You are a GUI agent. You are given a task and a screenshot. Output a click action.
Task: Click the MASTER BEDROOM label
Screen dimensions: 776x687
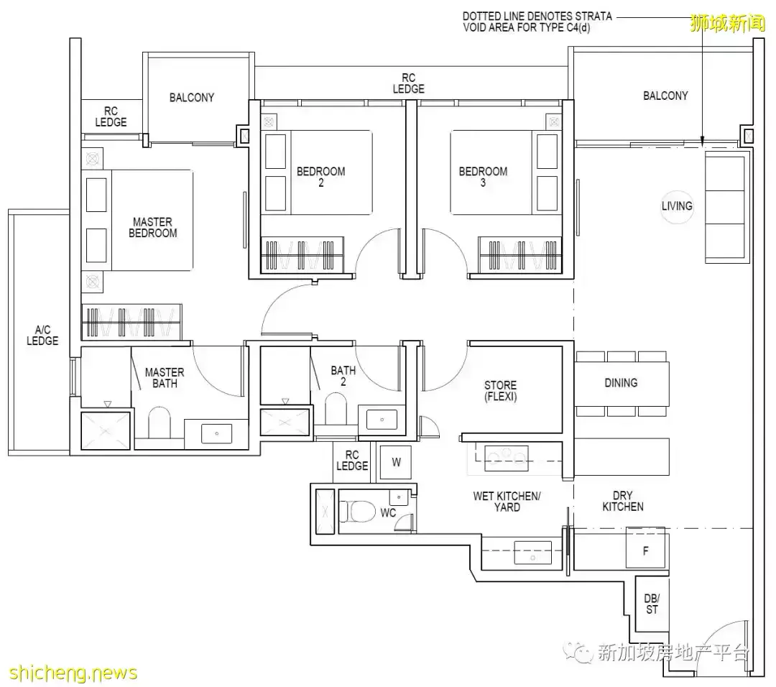[152, 228]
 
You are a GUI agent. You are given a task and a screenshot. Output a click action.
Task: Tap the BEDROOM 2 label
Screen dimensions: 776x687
[320, 177]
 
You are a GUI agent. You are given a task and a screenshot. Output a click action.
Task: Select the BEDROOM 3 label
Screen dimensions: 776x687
[483, 177]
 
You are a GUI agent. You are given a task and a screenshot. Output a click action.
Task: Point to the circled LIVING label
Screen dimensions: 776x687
[677, 206]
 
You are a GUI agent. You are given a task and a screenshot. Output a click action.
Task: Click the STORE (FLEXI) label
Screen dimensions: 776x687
[500, 390]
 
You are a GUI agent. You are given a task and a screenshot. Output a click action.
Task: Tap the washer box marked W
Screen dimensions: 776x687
[395, 462]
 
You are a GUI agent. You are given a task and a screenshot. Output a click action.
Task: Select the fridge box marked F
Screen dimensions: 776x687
[645, 550]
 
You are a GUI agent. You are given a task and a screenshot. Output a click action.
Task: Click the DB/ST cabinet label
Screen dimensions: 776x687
[652, 604]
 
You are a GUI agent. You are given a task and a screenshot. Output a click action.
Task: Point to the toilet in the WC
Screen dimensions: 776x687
[357, 511]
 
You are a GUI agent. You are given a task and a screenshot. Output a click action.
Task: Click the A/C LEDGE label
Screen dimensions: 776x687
[42, 335]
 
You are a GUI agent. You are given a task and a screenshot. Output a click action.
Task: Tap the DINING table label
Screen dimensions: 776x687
[621, 382]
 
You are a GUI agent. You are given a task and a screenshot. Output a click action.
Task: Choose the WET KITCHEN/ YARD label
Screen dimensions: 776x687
[507, 502]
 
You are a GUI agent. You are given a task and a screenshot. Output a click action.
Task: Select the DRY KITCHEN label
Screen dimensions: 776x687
[622, 501]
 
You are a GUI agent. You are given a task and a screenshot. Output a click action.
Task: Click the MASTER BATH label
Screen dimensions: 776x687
[165, 378]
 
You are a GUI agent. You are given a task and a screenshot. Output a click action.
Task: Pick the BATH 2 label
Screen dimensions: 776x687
[343, 376]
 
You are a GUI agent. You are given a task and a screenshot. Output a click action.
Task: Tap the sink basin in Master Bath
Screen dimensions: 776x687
[217, 433]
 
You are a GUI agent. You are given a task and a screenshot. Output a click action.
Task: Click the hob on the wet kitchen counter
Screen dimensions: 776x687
[507, 458]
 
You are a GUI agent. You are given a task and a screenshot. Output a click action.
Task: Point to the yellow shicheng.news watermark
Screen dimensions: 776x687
[73, 673]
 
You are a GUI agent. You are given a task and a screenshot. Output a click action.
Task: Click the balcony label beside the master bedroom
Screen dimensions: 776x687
[192, 98]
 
